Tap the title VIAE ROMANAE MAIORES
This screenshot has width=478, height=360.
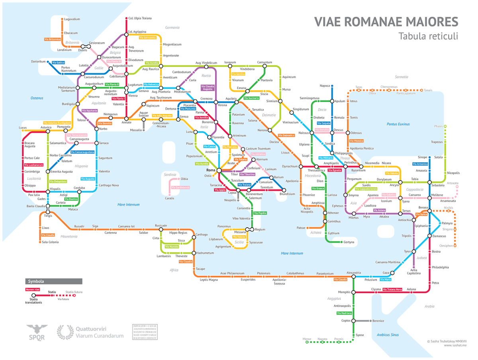point(386,22)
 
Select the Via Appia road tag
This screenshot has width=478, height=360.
point(220,190)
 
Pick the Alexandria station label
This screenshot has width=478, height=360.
point(353,273)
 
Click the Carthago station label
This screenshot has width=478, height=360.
point(202,235)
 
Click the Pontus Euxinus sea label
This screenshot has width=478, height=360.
point(398,124)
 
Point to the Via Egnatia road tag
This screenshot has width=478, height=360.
point(334,170)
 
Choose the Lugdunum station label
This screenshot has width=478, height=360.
point(134,85)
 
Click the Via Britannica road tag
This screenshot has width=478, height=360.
point(52,39)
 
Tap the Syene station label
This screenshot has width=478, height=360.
point(360,335)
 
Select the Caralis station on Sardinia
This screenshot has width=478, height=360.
point(170,198)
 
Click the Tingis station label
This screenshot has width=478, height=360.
point(48,216)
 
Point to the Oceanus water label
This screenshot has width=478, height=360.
point(37,98)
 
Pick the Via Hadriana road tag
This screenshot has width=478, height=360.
point(344,313)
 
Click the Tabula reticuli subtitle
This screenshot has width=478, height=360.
point(428,36)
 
